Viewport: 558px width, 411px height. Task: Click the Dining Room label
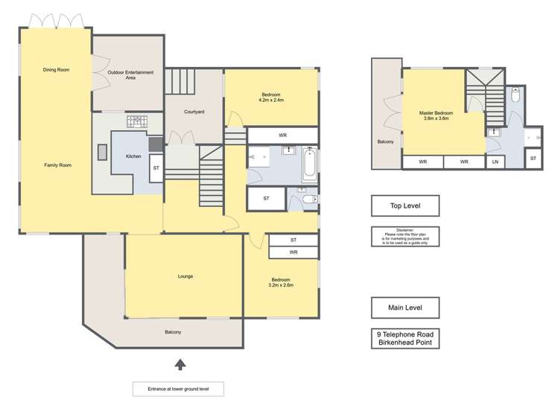pyautogui.click(x=56, y=70)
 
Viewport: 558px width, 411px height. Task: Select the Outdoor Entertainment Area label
pyautogui.click(x=130, y=74)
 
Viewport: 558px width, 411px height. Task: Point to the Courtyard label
pyautogui.click(x=194, y=112)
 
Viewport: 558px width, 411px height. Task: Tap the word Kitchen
pyautogui.click(x=133, y=156)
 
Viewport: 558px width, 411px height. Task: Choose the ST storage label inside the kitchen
pyautogui.click(x=156, y=168)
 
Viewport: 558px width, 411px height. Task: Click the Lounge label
pyautogui.click(x=186, y=276)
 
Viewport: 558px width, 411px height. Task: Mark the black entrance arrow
pyautogui.click(x=179, y=363)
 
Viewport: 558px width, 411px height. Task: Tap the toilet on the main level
pyautogui.click(x=308, y=200)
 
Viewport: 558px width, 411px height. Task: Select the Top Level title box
pyautogui.click(x=405, y=205)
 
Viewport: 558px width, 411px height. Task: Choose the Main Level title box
pyautogui.click(x=405, y=308)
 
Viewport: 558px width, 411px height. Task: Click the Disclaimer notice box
pyautogui.click(x=405, y=237)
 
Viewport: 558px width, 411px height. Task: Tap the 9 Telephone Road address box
pyautogui.click(x=405, y=339)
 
